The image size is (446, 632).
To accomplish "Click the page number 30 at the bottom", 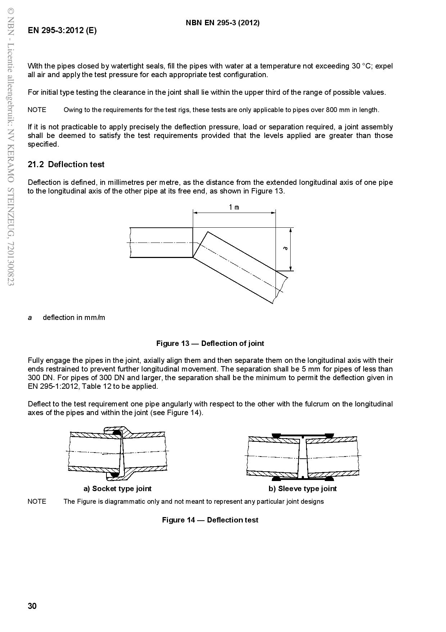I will (32, 606).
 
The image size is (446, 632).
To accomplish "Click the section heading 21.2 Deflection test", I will (66, 164).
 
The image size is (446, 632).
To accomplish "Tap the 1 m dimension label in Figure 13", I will (234, 207).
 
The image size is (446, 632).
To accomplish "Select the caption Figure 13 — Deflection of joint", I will (210, 343).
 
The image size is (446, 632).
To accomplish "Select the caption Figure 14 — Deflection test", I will (210, 520).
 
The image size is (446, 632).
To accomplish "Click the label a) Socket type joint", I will (117, 489).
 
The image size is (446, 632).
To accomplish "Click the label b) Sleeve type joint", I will (302, 489).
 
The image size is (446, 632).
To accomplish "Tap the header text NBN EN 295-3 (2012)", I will (223, 23).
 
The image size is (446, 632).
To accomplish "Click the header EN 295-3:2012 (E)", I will (62, 30).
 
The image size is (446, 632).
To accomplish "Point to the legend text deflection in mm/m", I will (74, 317).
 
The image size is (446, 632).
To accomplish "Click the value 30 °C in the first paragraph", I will (361, 66).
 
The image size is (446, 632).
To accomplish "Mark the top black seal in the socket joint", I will (117, 432).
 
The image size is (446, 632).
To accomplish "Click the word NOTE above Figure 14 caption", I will (37, 502).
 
